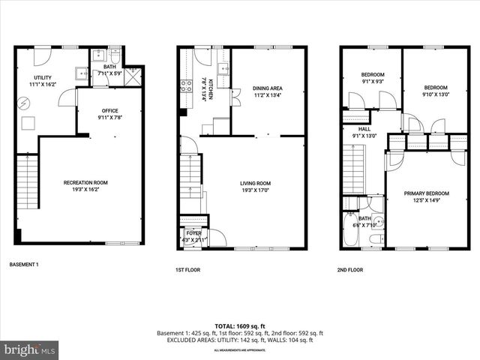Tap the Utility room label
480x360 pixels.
coord(42,82)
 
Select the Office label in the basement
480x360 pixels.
coord(110,114)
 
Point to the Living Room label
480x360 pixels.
coord(255,186)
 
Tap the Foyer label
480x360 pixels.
coord(193,235)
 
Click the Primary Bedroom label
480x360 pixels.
coord(425,197)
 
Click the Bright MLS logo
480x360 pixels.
coord(30,349)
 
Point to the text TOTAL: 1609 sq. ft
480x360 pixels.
coord(240,325)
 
